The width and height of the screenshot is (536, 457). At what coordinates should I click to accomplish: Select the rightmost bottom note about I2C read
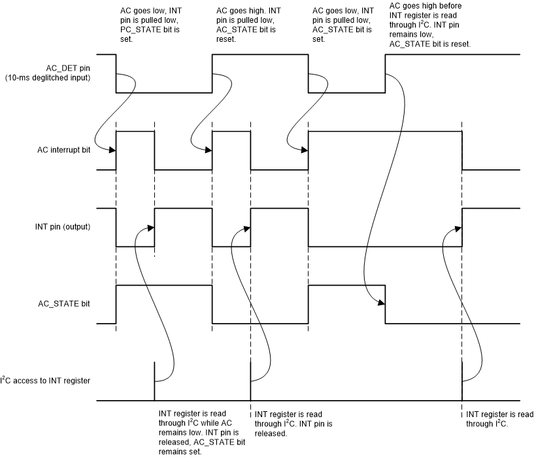pyautogui.click(x=499, y=418)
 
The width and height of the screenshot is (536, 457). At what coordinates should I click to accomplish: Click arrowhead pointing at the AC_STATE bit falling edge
pyautogui.click(x=381, y=303)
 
